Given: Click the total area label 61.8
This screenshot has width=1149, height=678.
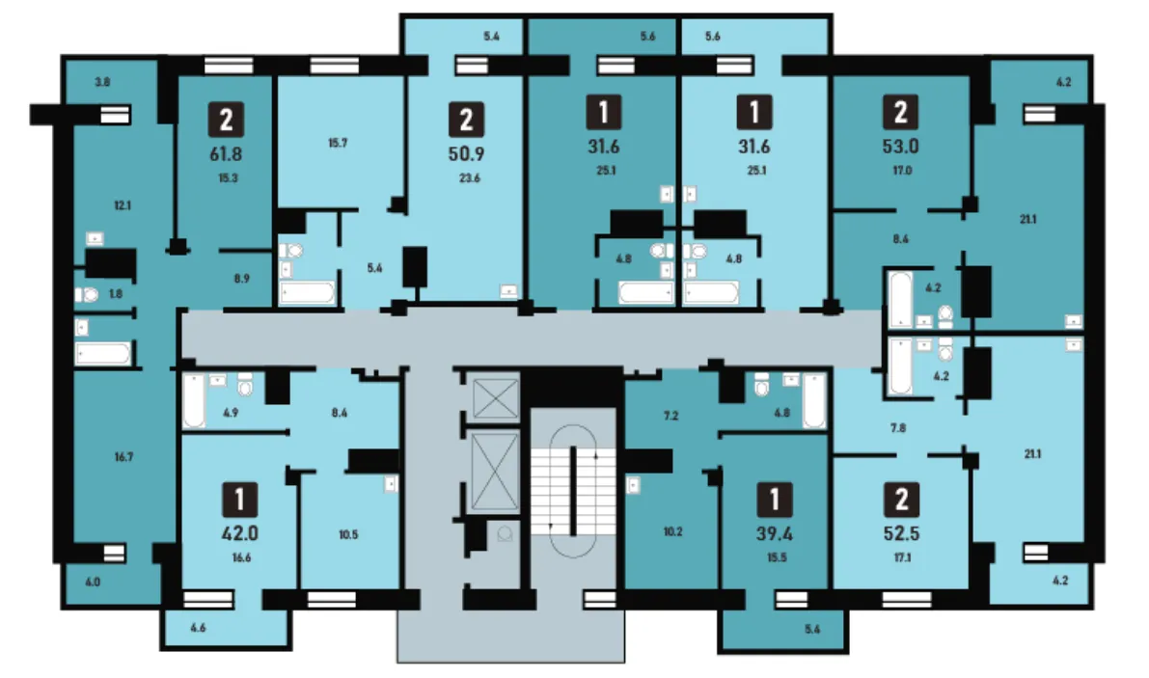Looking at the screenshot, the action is [x=226, y=153].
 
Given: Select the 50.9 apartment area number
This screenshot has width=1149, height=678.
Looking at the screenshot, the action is [x=466, y=153].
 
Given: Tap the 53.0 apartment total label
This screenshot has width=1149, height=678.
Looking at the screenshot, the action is [x=901, y=147].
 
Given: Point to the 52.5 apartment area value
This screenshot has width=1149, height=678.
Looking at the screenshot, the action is [x=901, y=533].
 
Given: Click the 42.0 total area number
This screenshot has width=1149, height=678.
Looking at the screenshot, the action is [x=239, y=533].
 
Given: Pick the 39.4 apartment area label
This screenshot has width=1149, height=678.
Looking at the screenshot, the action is [x=775, y=533].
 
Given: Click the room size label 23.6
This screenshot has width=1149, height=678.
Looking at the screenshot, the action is [x=469, y=177].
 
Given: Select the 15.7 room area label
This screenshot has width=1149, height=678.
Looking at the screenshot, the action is [x=338, y=143].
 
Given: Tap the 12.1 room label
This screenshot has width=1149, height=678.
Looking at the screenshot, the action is [x=123, y=205].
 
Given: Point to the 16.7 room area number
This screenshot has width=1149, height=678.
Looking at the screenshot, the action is [x=123, y=457].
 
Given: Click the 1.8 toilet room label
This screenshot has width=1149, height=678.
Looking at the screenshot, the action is [x=116, y=293].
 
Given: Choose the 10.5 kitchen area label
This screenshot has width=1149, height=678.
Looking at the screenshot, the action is [x=348, y=534].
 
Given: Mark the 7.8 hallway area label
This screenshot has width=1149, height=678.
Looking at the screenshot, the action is [x=898, y=427].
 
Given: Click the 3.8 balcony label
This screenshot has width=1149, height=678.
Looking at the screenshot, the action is [x=102, y=82].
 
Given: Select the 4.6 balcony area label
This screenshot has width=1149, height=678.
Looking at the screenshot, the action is [x=198, y=628].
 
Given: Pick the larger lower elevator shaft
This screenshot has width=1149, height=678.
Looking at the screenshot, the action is [x=495, y=472].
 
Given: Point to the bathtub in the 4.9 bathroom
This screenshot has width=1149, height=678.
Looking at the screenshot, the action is [x=194, y=400].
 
